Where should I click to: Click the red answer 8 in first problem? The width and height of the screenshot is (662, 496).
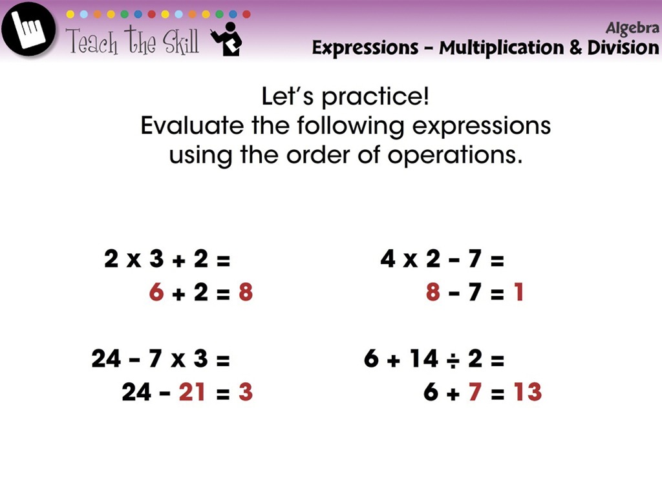(x=245, y=293)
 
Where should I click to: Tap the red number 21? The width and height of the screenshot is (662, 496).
(x=192, y=392)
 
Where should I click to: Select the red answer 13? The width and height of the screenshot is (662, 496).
(x=528, y=392)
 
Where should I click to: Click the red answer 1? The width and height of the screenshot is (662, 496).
(x=518, y=293)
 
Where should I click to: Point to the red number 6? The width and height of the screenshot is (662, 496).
(x=156, y=293)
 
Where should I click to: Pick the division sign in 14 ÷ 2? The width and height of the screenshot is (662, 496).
(x=453, y=359)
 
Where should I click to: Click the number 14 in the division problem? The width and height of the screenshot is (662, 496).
(x=423, y=359)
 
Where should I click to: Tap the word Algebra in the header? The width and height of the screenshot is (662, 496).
(x=632, y=28)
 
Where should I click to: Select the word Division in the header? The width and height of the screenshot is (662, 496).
(x=623, y=48)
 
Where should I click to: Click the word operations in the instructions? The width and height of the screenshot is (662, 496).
(x=455, y=155)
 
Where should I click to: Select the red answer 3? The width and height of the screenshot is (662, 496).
(x=245, y=392)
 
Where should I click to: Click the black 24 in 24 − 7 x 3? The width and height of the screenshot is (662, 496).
(x=107, y=359)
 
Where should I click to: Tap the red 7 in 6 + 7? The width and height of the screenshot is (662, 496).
(x=475, y=392)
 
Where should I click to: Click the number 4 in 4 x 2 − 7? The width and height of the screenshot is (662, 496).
(x=388, y=260)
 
